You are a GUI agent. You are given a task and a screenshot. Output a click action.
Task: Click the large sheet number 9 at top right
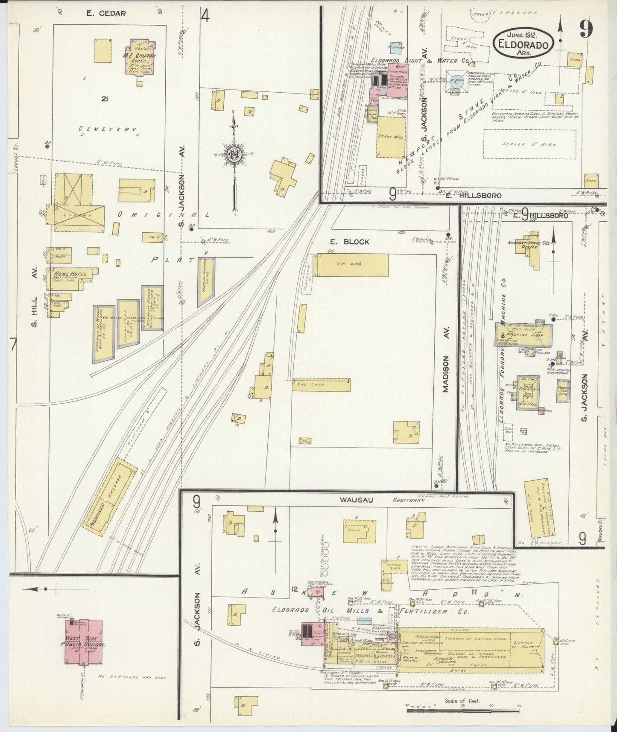pyautogui.click(x=586, y=31)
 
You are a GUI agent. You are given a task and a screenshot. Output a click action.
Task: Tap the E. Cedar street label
pyautogui.click(x=106, y=13)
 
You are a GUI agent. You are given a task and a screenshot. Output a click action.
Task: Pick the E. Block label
pyautogui.click(x=349, y=242)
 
